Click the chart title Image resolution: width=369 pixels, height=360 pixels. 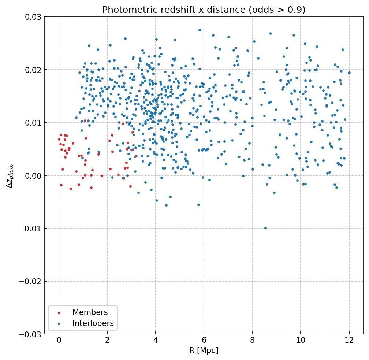204,10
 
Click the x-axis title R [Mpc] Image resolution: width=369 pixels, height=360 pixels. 204,350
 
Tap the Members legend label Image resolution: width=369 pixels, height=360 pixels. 90,312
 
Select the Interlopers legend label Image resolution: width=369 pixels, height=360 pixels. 93,323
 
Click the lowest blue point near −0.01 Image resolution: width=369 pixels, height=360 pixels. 265,228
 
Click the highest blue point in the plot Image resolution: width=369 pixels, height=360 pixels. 200,30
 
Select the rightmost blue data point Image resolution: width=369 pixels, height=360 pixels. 349,73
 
